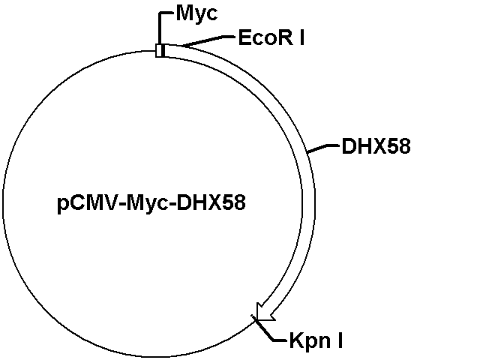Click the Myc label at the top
click(197, 13)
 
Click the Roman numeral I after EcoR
click(301, 38)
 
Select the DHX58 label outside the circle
click(376, 146)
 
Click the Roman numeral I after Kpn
click(340, 340)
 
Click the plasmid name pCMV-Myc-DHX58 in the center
click(151, 203)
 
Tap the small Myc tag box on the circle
click(160, 50)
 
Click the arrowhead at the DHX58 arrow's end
click(264, 313)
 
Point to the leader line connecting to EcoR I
click(208, 41)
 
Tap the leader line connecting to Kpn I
click(266, 329)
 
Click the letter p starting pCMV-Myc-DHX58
click(62, 205)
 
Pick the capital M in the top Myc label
click(184, 13)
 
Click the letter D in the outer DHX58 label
click(348, 146)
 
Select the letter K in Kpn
click(296, 340)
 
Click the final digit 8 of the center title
click(240, 202)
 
